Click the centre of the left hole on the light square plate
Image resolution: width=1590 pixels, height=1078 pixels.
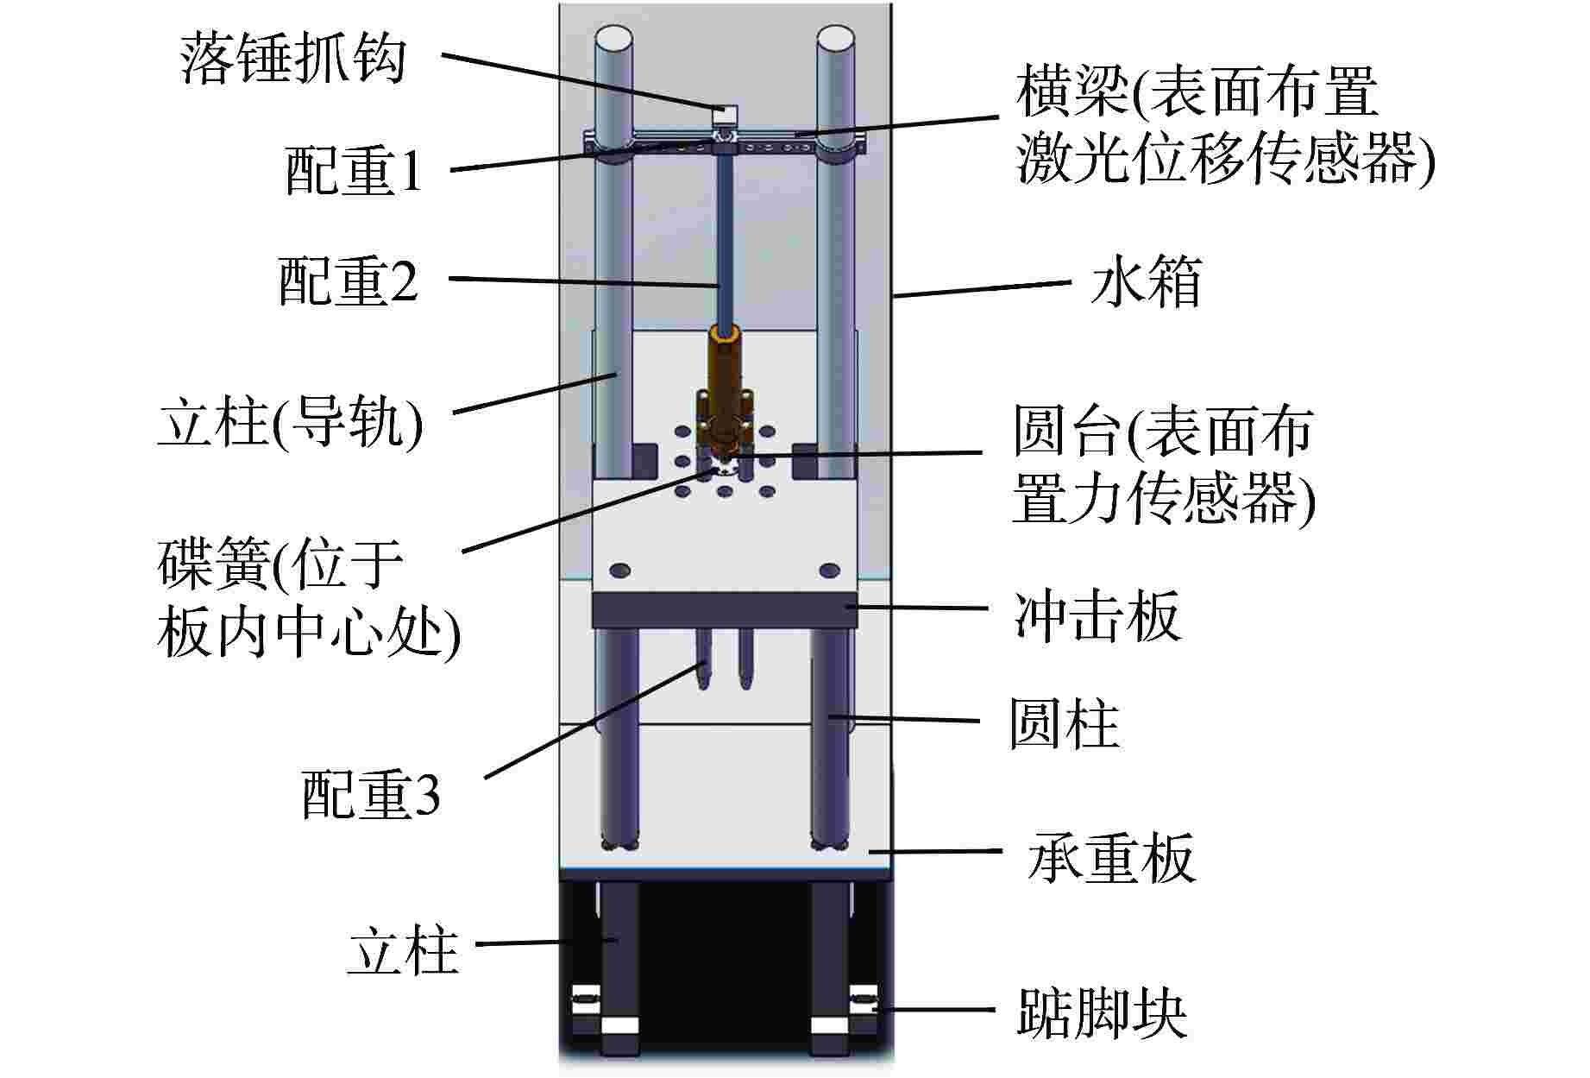[619, 570]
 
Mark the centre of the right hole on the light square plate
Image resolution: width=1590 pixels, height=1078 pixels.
[829, 570]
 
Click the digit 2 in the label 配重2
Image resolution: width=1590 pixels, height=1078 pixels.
[402, 281]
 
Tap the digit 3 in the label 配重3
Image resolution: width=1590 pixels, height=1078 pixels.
[426, 796]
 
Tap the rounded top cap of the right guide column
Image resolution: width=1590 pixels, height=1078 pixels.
[834, 41]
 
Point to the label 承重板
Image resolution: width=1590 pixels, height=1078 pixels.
[1111, 856]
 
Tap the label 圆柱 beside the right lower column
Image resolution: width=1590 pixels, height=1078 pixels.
[1065, 723]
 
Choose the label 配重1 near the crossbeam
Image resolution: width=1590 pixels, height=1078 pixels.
[354, 169]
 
